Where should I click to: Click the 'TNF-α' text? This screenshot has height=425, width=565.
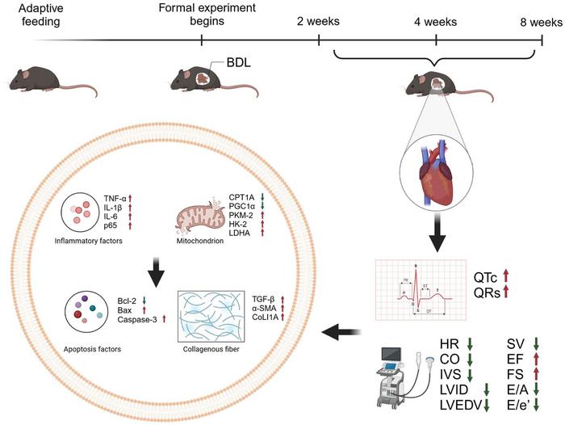pyautogui.click(x=117, y=197)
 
